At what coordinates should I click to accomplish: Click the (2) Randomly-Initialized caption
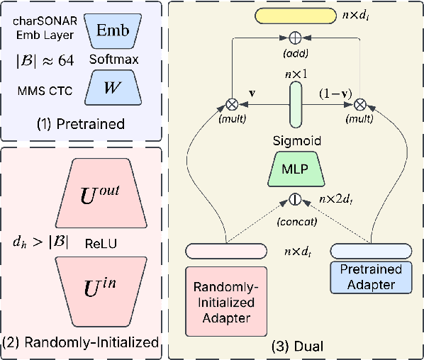click(81, 342)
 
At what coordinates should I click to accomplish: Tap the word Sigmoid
click(296, 141)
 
